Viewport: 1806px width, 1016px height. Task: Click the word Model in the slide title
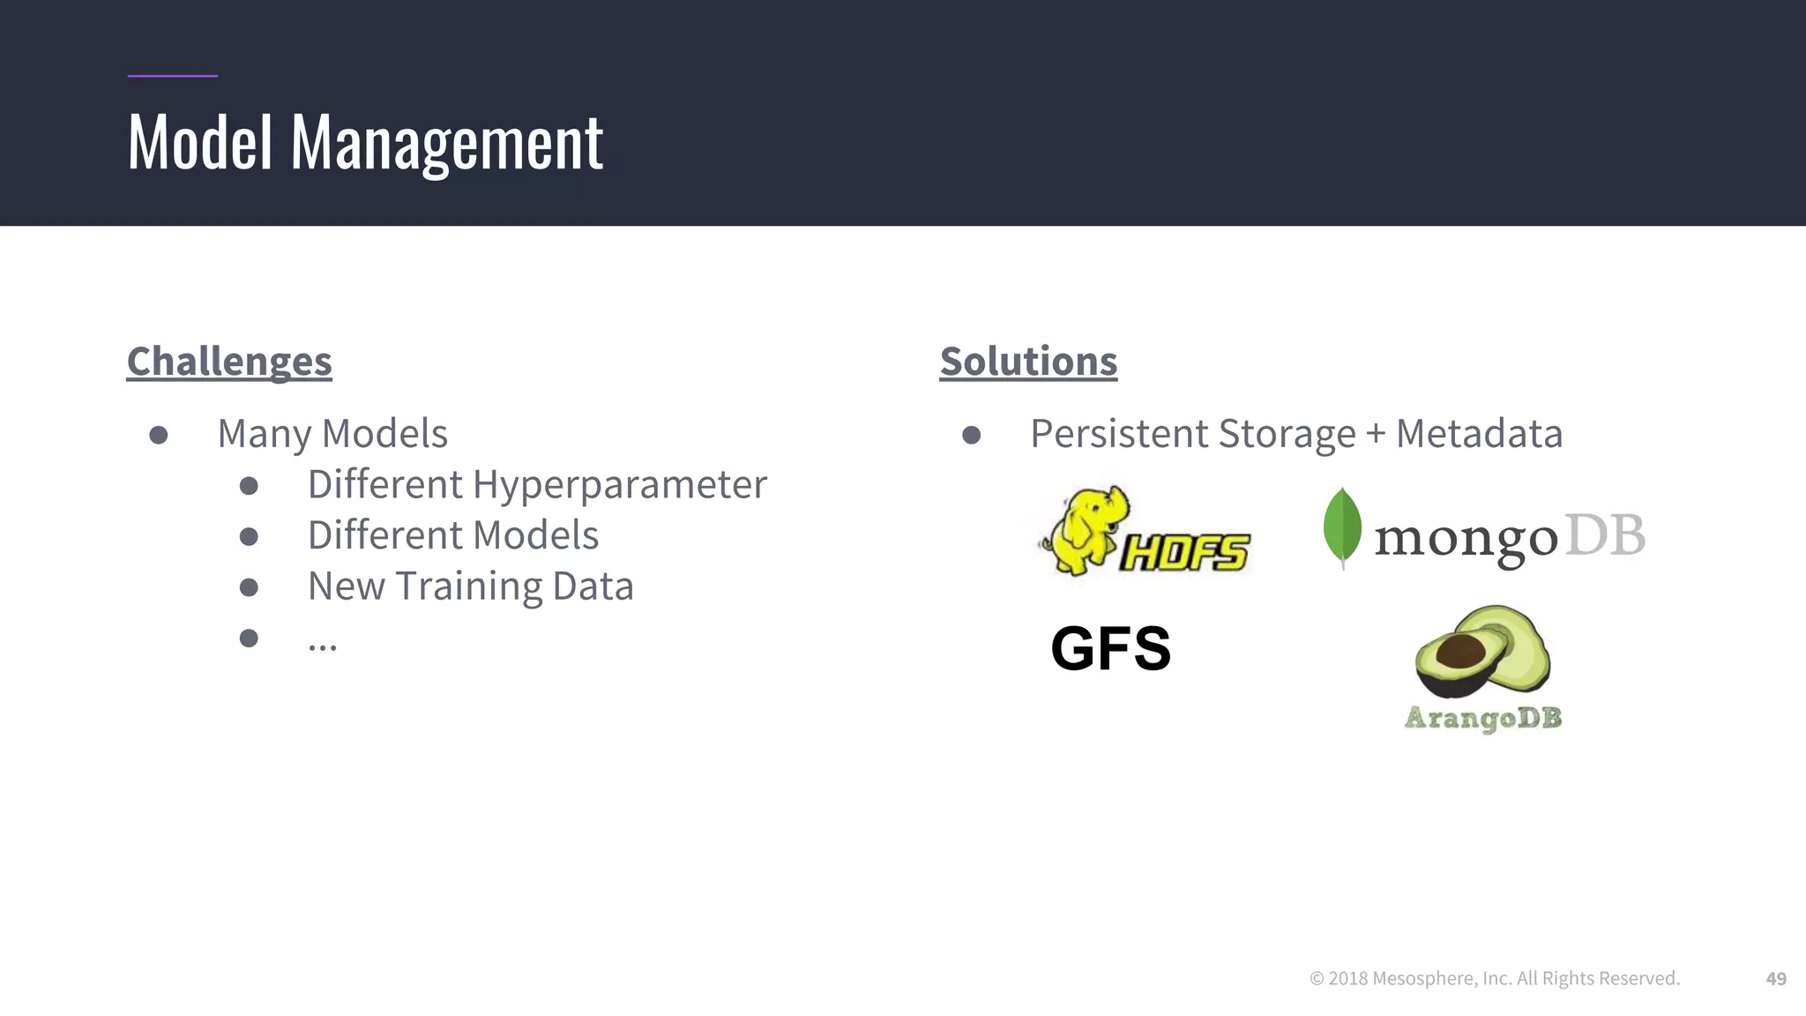pyautogui.click(x=200, y=143)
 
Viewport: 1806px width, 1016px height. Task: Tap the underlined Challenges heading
pyautogui.click(x=229, y=362)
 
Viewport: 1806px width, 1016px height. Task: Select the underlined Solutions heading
pyautogui.click(x=1028, y=362)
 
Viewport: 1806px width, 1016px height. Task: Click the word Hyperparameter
pyautogui.click(x=619, y=485)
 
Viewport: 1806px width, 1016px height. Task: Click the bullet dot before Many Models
pyautogui.click(x=159, y=435)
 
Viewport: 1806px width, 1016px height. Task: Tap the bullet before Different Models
pyautogui.click(x=249, y=536)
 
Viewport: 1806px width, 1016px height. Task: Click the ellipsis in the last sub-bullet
pyautogui.click(x=322, y=646)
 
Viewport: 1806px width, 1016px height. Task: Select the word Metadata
pyautogui.click(x=1479, y=434)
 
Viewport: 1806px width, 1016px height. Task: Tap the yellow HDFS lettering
pyautogui.click(x=1184, y=553)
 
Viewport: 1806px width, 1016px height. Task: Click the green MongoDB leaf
pyautogui.click(x=1342, y=527)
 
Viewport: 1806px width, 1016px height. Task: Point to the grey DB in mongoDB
pyautogui.click(x=1605, y=535)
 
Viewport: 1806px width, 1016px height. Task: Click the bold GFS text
pyautogui.click(x=1110, y=648)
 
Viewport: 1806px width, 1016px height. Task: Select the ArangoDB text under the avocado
pyautogui.click(x=1482, y=718)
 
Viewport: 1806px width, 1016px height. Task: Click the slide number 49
pyautogui.click(x=1776, y=978)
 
